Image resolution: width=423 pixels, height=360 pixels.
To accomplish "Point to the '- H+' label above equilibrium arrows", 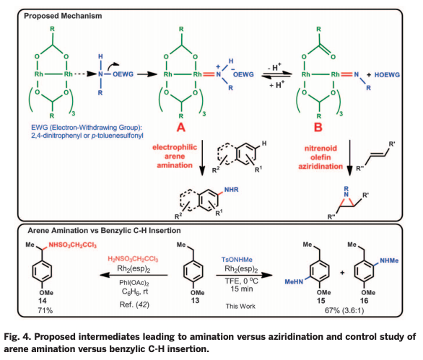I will click(x=274, y=61).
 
